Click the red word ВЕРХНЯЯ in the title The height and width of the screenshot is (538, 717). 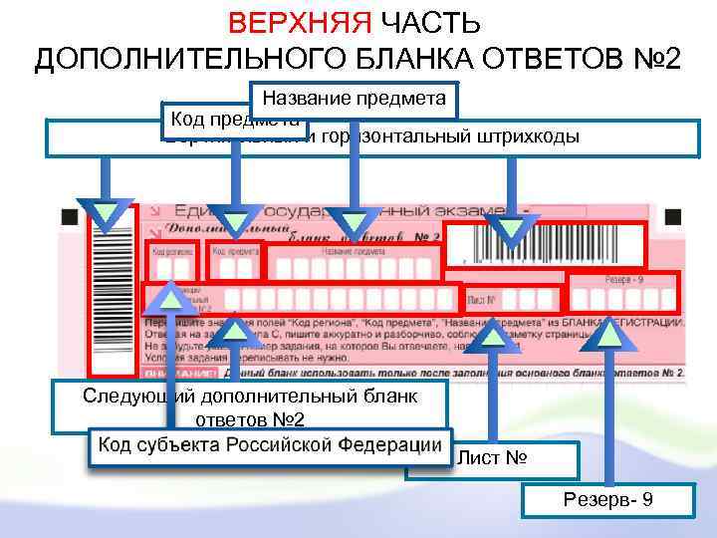[298, 23]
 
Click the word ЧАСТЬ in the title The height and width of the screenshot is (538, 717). [431, 23]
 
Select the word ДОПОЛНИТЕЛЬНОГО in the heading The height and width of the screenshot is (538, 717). [178, 59]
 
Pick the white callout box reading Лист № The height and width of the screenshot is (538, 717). [493, 459]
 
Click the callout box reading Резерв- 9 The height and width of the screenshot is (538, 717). [606, 499]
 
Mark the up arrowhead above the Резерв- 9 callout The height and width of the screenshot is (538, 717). [609, 336]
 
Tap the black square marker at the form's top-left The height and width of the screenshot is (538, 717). [68, 215]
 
